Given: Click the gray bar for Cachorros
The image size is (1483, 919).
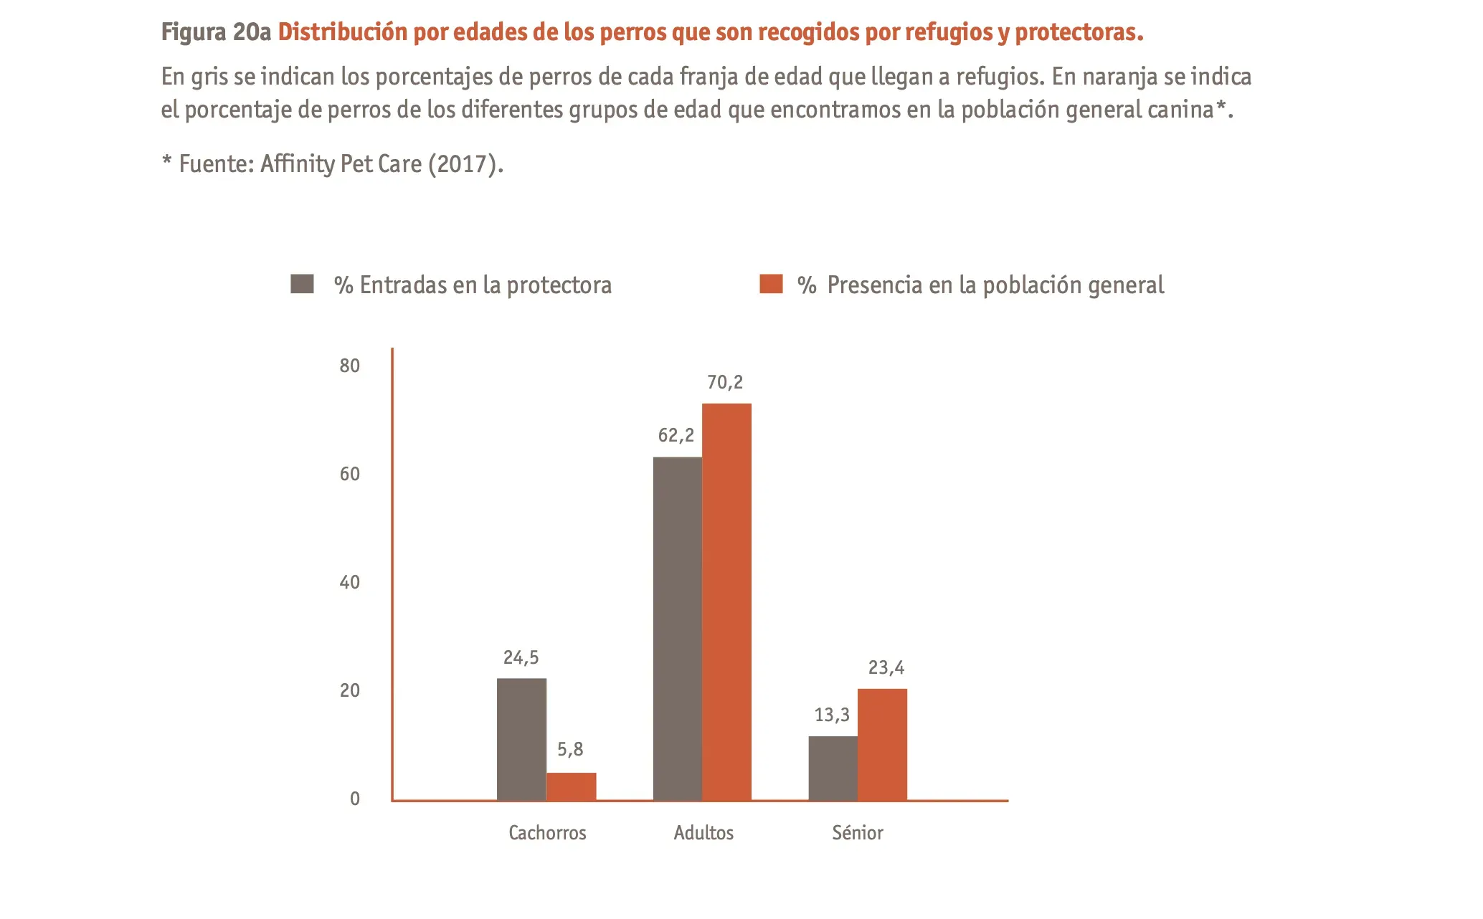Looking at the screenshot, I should tap(521, 739).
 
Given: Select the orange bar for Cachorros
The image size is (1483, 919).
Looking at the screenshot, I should tap(571, 786).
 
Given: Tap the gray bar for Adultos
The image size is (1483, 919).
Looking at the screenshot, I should tap(677, 629).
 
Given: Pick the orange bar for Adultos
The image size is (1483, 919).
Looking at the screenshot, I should tap(726, 602).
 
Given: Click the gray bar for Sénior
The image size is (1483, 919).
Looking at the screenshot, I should tap(833, 768).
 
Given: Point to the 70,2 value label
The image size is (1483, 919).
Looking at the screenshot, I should tap(725, 383).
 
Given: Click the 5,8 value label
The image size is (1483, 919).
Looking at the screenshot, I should tap(570, 750).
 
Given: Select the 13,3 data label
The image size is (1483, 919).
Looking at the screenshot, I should tap(832, 715).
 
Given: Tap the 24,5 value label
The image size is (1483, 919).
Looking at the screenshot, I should tap(521, 657).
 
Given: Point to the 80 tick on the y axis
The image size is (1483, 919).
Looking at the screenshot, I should tap(350, 366).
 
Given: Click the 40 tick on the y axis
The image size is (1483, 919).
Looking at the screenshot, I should tap(350, 582).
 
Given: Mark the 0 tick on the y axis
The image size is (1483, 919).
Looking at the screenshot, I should tap(355, 799).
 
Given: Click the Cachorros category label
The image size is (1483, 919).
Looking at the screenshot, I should tap(547, 833).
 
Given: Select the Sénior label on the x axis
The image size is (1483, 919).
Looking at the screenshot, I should tap(858, 833).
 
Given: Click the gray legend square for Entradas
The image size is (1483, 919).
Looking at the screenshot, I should tap(302, 284).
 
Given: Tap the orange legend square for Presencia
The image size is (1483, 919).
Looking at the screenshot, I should tap(771, 284).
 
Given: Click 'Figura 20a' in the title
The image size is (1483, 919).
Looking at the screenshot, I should tap(216, 32).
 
